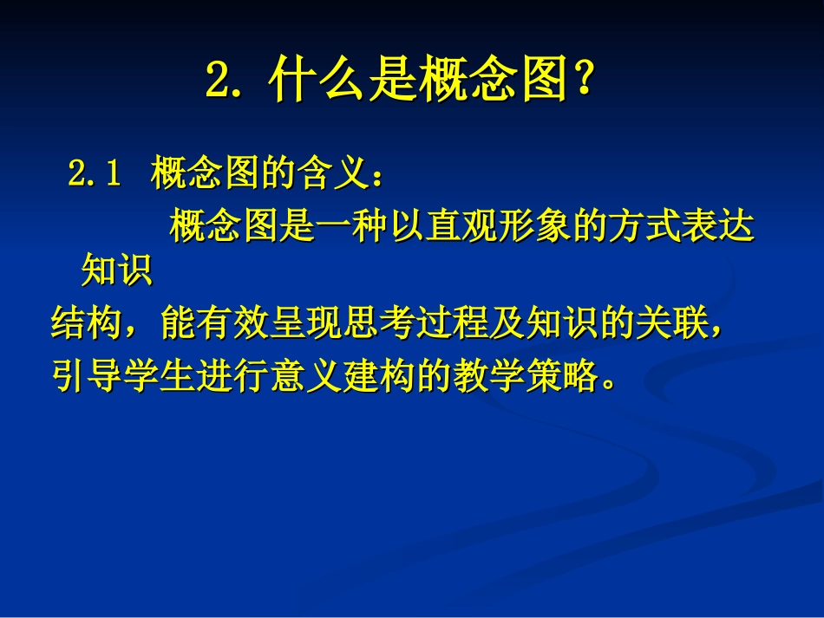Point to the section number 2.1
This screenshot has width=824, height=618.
pyautogui.click(x=93, y=175)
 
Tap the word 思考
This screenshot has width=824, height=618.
pyautogui.click(x=379, y=326)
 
